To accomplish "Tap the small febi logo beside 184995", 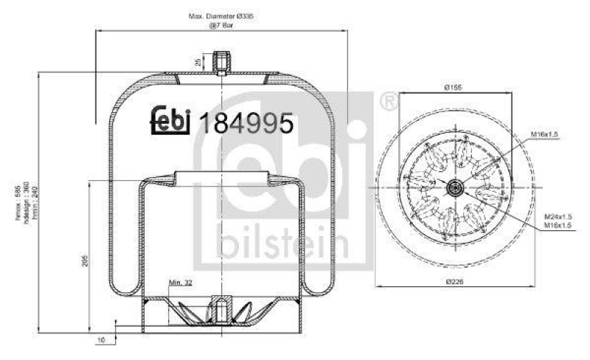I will tap(171, 121).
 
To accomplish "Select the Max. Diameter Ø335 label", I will tap(221, 15).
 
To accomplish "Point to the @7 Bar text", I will tap(221, 25).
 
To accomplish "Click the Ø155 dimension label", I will tap(453, 87).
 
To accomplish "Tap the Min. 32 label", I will tap(181, 283).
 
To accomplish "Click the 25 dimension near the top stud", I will tap(198, 62).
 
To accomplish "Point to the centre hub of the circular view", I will tap(452, 187).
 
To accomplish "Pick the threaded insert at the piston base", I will tap(221, 306).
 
